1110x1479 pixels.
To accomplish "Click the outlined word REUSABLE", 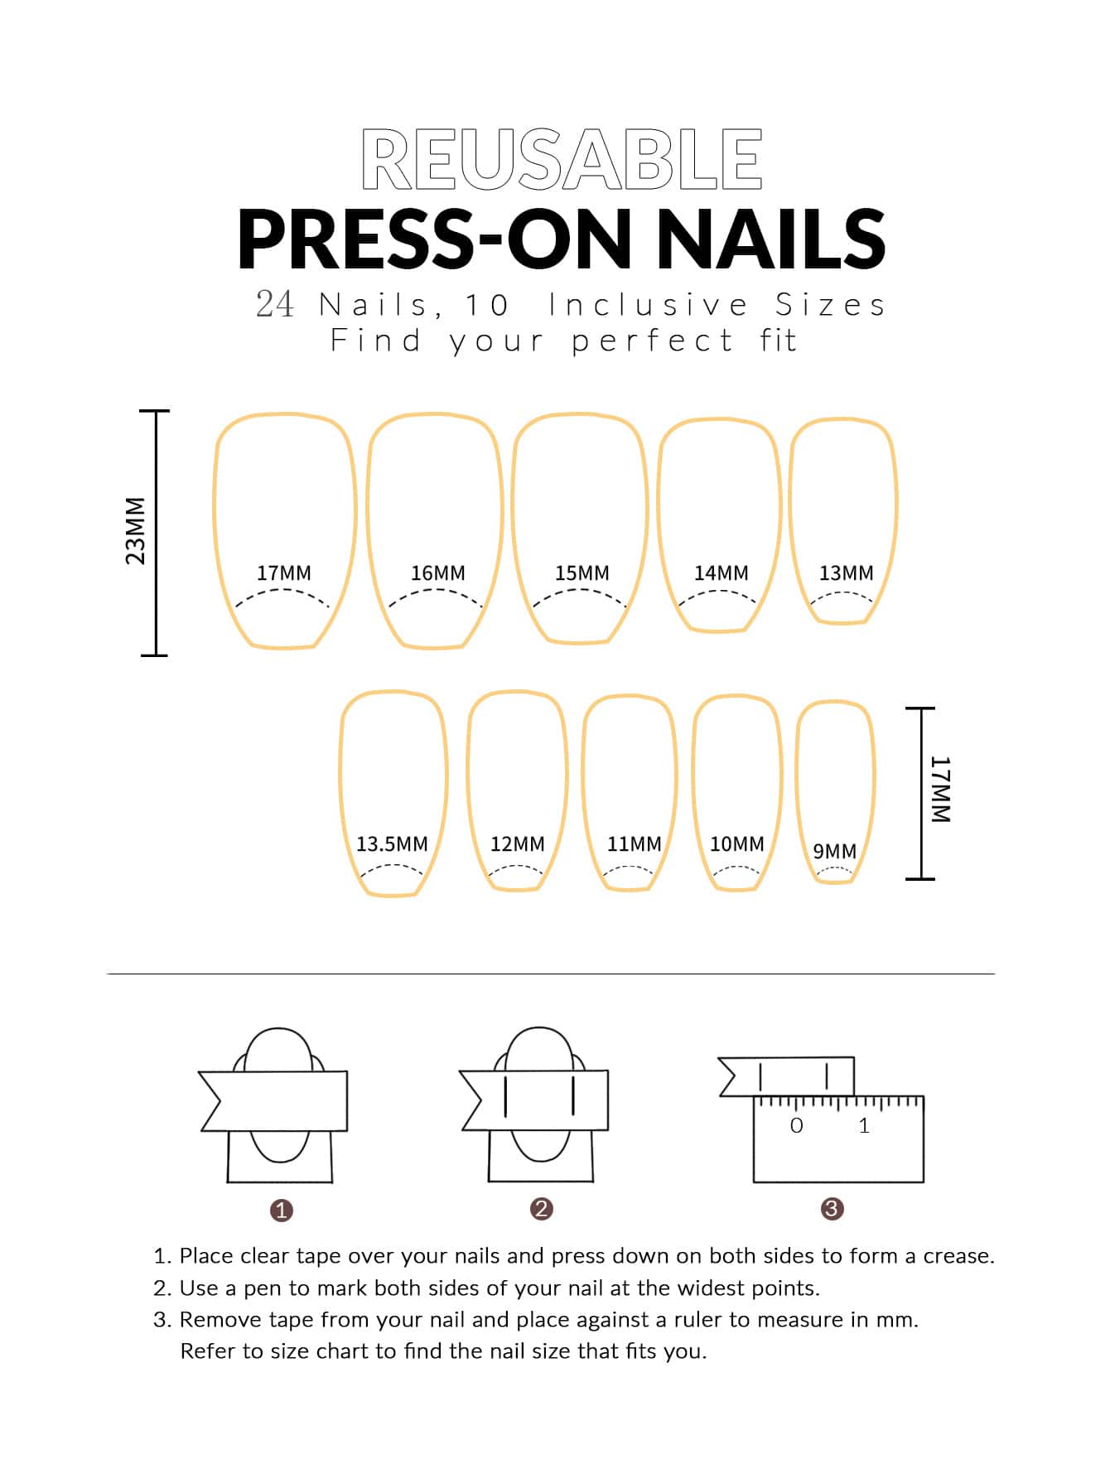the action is pyautogui.click(x=562, y=159).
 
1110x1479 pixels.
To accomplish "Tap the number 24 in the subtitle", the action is pyautogui.click(x=275, y=305).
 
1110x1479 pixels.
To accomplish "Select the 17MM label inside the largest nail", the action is pyautogui.click(x=284, y=573).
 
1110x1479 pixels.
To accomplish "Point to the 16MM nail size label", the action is pyautogui.click(x=438, y=573).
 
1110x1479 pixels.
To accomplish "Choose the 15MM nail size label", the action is pyautogui.click(x=582, y=573).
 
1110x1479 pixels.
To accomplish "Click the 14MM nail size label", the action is pyautogui.click(x=721, y=573).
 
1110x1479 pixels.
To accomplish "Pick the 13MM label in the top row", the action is pyautogui.click(x=847, y=573).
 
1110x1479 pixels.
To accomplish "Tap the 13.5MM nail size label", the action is pyautogui.click(x=392, y=843).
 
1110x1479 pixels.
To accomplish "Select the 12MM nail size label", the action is pyautogui.click(x=518, y=843).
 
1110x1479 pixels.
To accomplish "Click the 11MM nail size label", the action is pyautogui.click(x=635, y=843).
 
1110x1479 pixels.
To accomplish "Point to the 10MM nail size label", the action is pyautogui.click(x=737, y=843).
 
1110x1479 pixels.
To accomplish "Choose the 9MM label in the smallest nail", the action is pyautogui.click(x=834, y=851).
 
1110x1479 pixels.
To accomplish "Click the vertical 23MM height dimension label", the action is pyautogui.click(x=135, y=531).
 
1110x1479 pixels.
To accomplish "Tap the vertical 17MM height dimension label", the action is pyautogui.click(x=941, y=789).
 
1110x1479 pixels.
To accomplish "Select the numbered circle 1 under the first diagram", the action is pyautogui.click(x=282, y=1211).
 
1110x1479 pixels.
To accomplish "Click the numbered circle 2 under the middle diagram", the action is pyautogui.click(x=542, y=1209).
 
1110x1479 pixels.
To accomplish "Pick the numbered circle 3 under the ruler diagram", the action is pyautogui.click(x=832, y=1209).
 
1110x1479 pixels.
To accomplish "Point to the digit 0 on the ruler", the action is pyautogui.click(x=797, y=1125).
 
